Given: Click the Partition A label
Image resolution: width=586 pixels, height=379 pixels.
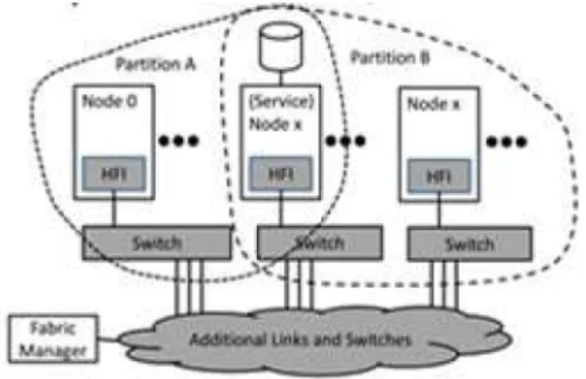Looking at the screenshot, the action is [156, 64].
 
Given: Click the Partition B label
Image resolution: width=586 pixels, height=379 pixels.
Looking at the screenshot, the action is [390, 58].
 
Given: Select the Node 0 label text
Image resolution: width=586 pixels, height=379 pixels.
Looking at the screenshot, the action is [109, 101].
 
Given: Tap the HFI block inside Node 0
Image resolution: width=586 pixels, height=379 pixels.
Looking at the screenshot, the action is [114, 174].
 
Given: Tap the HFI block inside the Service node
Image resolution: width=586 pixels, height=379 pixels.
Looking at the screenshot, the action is [281, 174].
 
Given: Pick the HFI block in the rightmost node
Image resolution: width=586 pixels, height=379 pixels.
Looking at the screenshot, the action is [439, 176].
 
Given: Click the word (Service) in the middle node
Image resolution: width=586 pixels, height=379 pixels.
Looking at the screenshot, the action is [282, 101].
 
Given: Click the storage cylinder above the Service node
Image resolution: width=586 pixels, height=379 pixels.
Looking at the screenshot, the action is [281, 46].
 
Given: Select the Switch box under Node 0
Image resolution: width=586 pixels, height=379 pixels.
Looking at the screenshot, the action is [157, 243].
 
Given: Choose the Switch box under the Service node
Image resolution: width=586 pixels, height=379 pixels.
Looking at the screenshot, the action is [320, 243].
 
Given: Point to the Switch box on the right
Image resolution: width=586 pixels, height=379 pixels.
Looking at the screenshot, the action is [469, 244].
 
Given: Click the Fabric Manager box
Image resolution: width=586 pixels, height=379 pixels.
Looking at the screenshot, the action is [54, 339].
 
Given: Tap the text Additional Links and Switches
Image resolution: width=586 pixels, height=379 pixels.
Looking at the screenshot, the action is [301, 340].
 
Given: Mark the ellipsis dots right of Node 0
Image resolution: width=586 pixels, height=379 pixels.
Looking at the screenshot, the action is [179, 140].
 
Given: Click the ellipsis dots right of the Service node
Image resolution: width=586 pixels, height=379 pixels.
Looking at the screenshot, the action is [345, 140].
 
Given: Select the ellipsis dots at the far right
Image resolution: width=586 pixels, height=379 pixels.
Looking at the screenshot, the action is [507, 141].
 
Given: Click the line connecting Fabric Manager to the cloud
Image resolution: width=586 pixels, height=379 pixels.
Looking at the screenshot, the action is [109, 340].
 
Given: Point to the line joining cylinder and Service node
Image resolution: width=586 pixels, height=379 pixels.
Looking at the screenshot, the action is [281, 77].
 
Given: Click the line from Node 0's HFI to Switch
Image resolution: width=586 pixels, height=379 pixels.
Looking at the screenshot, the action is [114, 209].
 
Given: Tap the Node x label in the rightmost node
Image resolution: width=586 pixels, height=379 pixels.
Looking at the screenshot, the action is [434, 104].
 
